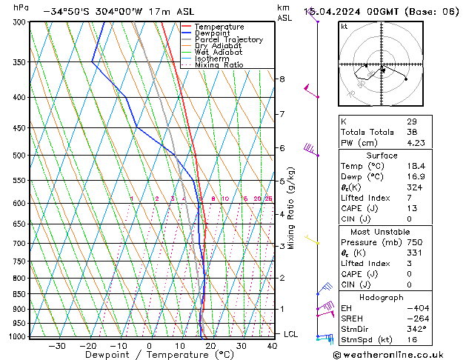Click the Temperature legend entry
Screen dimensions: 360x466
[x=219, y=27]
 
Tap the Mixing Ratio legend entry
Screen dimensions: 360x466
[x=219, y=65]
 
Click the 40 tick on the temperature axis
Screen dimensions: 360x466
[x=273, y=346]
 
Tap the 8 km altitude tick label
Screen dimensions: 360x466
[x=282, y=79]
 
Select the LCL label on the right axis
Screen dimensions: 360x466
[x=291, y=334]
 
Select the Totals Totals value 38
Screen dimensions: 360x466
[x=411, y=132]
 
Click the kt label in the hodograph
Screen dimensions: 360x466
[x=344, y=26]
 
